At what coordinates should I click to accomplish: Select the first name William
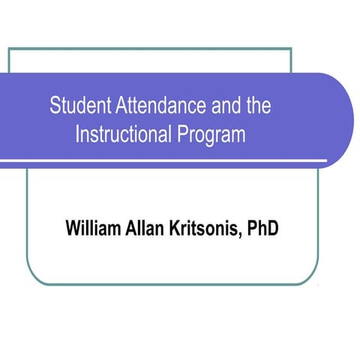click(x=92, y=227)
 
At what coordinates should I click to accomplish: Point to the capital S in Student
click(x=55, y=105)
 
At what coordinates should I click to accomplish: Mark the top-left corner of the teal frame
click(x=9, y=49)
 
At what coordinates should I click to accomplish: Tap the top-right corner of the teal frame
click(x=291, y=49)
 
